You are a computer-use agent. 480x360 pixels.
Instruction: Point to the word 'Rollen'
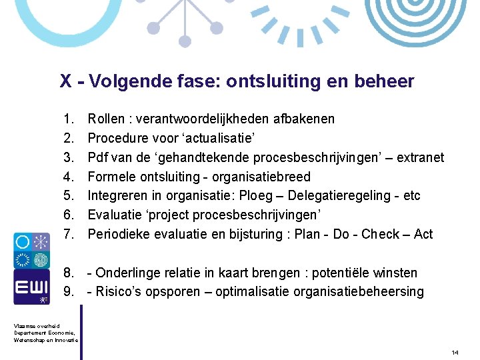107,119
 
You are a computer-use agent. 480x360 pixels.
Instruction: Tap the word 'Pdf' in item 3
99,157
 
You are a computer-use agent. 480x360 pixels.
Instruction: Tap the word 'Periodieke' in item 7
119,234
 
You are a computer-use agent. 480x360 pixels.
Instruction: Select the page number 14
456,351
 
